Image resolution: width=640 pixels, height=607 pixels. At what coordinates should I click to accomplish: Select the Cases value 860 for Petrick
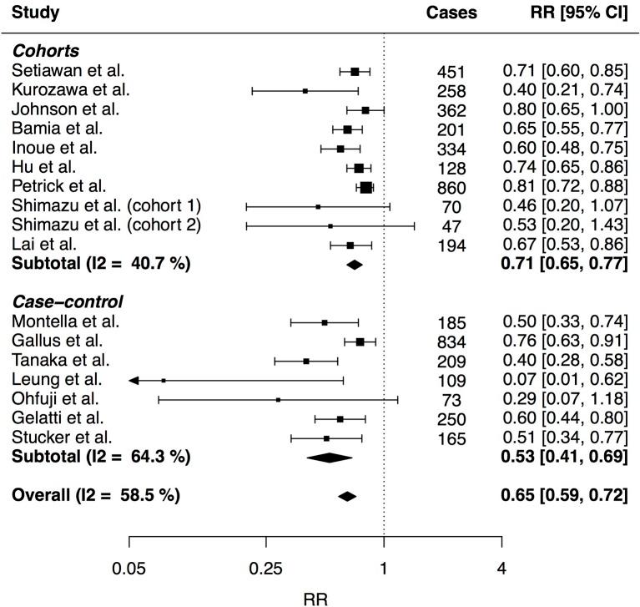[x=451, y=188]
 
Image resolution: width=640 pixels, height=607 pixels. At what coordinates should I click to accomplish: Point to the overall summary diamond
[x=347, y=496]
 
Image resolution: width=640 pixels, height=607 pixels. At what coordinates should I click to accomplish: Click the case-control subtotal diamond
[x=330, y=457]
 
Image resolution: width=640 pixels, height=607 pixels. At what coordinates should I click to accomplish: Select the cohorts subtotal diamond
[x=355, y=265]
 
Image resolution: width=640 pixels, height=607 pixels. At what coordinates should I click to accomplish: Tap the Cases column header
[x=451, y=13]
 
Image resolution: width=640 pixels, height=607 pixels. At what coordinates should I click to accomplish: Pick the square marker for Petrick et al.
[x=365, y=188]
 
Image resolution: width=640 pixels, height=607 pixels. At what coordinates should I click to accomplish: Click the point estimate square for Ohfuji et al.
[x=278, y=399]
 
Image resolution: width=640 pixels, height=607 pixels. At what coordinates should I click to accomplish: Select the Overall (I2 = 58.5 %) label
[x=96, y=495]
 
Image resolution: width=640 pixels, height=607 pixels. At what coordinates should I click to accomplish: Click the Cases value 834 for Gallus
[x=451, y=342]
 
